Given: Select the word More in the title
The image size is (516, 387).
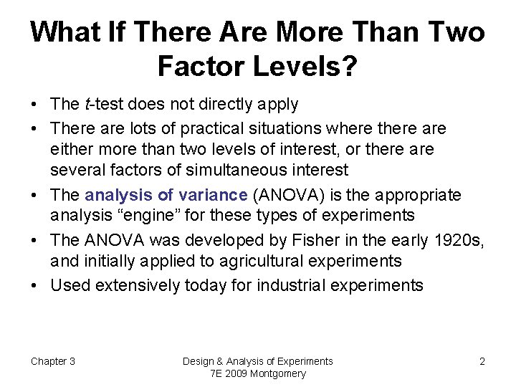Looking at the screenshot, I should pos(310,32).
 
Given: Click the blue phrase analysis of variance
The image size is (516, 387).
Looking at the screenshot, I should pos(166,195).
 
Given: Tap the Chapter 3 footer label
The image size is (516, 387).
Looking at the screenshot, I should pos(52,361).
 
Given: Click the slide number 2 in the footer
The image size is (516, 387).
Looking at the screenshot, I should pos(482,361).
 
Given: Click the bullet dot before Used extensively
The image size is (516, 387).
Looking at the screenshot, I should pos(36,285).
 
